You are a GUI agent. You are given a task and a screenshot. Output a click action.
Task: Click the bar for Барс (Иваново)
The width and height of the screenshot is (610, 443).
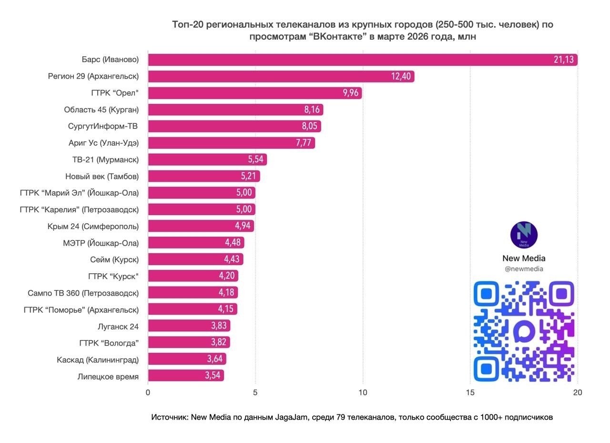362,60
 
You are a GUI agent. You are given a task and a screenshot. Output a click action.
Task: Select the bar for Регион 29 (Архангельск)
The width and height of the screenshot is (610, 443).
281,76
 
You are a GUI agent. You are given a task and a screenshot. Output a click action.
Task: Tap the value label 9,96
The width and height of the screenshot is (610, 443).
350,93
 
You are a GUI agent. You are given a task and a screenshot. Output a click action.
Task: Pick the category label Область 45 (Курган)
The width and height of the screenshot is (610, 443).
101,110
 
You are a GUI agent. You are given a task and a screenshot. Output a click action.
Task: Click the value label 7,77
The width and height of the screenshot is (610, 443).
304,143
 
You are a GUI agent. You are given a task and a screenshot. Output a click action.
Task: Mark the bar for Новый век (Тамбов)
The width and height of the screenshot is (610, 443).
204,176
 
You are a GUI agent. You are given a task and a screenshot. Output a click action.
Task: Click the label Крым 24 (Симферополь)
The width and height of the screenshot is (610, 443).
93,226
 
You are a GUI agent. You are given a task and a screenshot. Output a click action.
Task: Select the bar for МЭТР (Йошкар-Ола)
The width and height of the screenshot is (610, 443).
196,243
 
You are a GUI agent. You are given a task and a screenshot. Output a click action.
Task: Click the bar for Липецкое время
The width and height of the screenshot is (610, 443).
186,375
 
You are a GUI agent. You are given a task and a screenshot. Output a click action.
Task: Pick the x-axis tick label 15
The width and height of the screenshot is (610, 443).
470,393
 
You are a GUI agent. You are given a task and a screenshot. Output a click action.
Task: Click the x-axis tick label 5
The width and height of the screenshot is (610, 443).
255,393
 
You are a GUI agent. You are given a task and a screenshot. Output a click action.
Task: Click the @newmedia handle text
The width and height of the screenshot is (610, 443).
524,269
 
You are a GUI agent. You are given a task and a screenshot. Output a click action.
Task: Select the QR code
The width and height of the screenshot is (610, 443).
524,331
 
